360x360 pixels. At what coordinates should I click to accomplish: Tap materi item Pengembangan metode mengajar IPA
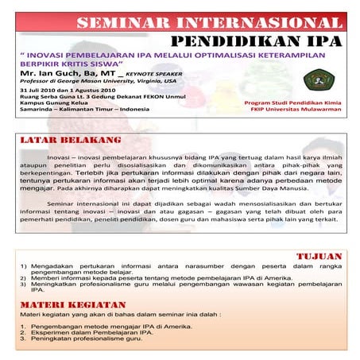click(99, 327)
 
